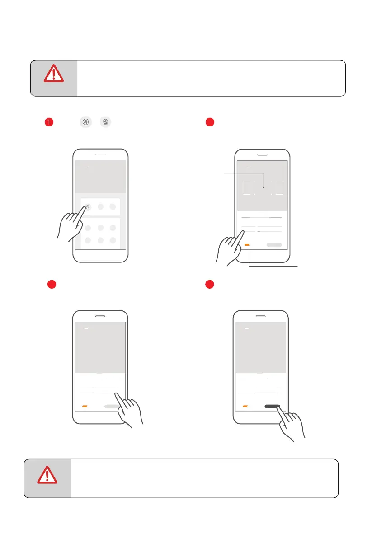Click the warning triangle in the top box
[x=53, y=74]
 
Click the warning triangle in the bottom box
[x=47, y=475]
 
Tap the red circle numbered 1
[x=49, y=122]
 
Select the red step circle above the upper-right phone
[x=210, y=122]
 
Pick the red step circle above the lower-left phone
[x=52, y=285]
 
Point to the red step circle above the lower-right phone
[x=210, y=285]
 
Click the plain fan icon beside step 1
[x=86, y=122]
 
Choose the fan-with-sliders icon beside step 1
[x=105, y=122]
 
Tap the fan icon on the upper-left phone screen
[x=88, y=206]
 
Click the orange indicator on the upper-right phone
[x=247, y=245]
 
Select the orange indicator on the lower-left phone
[x=85, y=406]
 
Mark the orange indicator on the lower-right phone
[x=245, y=406]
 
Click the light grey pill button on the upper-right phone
[x=274, y=245]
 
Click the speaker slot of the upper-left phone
[x=100, y=154]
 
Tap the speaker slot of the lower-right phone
[x=261, y=316]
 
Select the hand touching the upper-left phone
[x=71, y=225]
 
